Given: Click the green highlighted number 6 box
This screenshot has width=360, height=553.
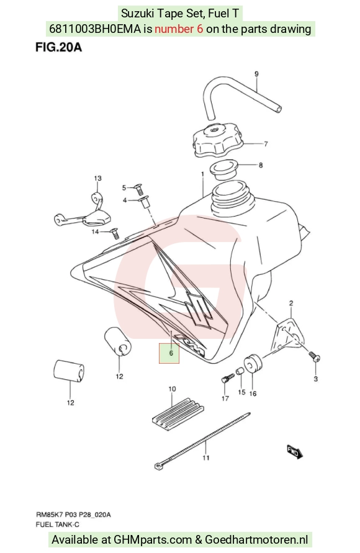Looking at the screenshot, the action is [169, 353].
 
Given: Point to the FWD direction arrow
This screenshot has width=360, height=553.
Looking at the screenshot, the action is [294, 452].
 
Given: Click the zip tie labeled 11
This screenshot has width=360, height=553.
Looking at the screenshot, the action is [203, 441].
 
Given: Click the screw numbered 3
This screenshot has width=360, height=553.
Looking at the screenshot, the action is [314, 356].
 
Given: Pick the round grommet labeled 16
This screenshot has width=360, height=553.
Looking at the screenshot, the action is [253, 364].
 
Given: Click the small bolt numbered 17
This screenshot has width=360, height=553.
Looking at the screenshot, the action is [227, 378].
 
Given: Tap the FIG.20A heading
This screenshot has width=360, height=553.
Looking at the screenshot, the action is [58, 47].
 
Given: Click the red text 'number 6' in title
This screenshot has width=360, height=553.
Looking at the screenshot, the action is [179, 29].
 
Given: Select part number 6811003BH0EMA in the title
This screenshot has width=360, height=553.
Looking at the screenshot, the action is [95, 29].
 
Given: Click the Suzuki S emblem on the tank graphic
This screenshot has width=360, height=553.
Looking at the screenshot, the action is [200, 308].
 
